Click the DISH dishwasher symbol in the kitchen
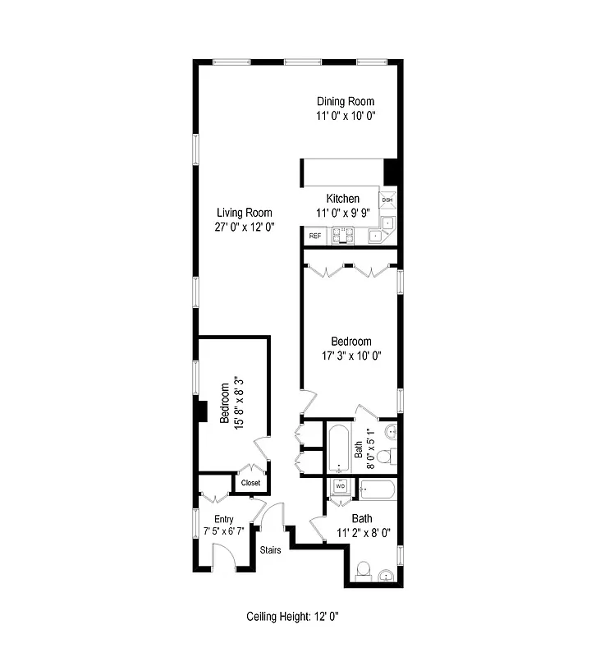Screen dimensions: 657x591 pyautogui.click(x=387, y=200)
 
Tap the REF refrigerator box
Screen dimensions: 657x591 pyautogui.click(x=314, y=237)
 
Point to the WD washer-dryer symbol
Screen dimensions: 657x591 pyautogui.click(x=340, y=487)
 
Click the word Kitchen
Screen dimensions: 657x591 pyautogui.click(x=342, y=199)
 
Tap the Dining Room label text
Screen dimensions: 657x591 pyautogui.click(x=346, y=101)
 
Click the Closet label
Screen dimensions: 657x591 pyautogui.click(x=250, y=483)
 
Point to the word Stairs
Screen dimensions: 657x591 pyautogui.click(x=271, y=550)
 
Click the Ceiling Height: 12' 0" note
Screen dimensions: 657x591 pyautogui.click(x=292, y=617)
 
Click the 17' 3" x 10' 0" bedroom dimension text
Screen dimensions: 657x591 pyautogui.click(x=350, y=356)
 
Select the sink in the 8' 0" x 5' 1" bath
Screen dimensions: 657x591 pyautogui.click(x=389, y=431)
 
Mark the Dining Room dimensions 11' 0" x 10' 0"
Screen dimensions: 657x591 pyautogui.click(x=346, y=116)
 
